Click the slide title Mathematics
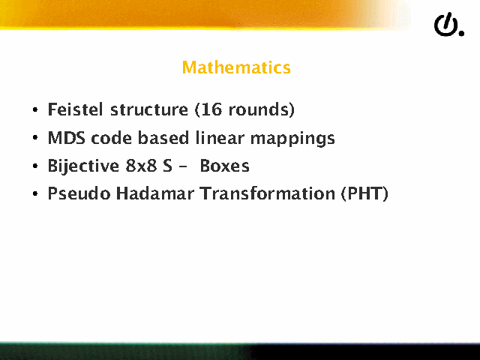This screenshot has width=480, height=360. click(x=236, y=67)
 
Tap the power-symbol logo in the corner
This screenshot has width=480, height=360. click(x=448, y=25)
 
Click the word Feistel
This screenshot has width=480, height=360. click(x=75, y=109)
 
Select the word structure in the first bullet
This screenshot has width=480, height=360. click(x=149, y=109)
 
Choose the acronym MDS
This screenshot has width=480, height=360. click(x=67, y=138)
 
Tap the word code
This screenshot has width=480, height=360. click(x=111, y=138)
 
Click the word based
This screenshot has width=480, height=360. click(x=163, y=138)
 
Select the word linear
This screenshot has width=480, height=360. click(x=220, y=138)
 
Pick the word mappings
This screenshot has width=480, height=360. click(x=292, y=139)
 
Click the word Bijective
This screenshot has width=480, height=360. click(x=83, y=166)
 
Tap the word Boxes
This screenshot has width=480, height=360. click(x=224, y=166)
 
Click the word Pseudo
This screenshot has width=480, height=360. click(x=79, y=193)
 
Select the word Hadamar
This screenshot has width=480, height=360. click(x=155, y=193)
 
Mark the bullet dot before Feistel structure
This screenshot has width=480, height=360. click(x=35, y=109)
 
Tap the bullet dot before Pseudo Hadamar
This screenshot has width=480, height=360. click(x=35, y=193)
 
